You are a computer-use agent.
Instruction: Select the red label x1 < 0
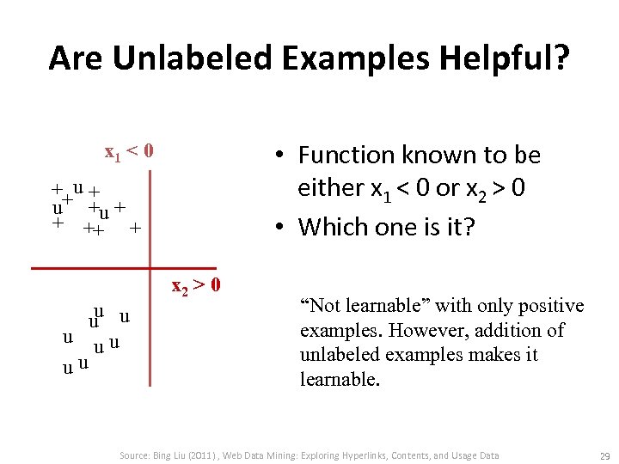(129, 152)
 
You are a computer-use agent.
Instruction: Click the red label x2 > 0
(197, 284)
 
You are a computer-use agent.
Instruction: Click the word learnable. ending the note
(339, 379)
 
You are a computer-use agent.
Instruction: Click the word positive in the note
(550, 306)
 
